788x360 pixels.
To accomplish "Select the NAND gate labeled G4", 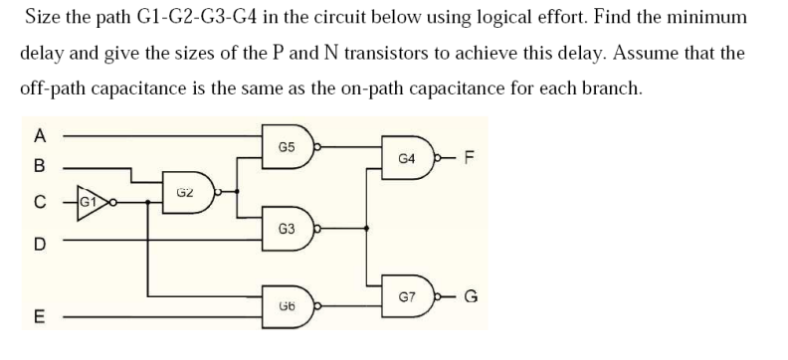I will pyautogui.click(x=407, y=158).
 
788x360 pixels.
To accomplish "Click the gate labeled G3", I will pyautogui.click(x=286, y=228).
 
